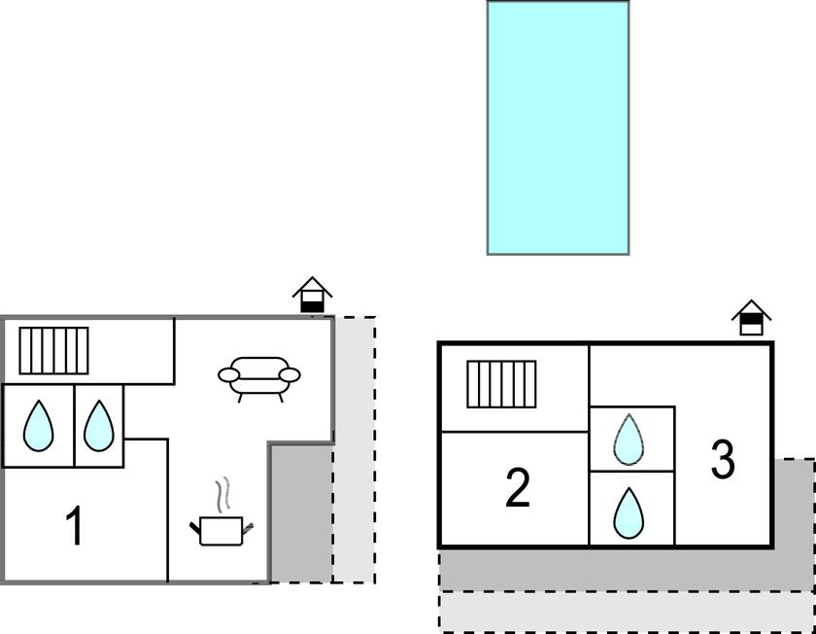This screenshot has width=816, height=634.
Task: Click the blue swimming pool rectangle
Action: coord(558,127)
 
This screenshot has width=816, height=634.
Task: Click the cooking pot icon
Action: coord(222,530)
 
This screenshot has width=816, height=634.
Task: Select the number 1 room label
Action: coord(74,526)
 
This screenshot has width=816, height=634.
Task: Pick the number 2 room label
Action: coord(518,488)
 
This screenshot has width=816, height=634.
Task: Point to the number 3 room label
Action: coord(723,460)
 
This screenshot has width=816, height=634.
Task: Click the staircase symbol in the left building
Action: coord(53,350)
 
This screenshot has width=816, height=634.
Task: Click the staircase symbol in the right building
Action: coord(501,384)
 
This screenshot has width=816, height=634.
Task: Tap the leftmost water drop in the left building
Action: coord(38,427)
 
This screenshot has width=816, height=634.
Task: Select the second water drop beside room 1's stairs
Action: coord(99,427)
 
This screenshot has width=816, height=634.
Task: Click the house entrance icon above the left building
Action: coord(313,296)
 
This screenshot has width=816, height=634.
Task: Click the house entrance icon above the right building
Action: coord(752,317)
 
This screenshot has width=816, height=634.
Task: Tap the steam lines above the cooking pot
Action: coord(224,494)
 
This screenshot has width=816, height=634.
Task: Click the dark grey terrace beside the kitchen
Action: coord(300,515)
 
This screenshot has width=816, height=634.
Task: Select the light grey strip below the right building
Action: coord(622,612)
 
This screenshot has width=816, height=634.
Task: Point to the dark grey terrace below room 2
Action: coord(583,569)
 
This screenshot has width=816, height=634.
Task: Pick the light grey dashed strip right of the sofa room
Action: coord(355,447)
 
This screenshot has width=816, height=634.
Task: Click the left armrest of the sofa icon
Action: coord(228,374)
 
